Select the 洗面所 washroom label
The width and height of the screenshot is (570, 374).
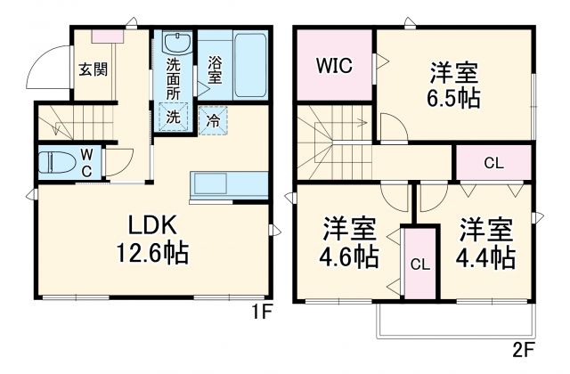pos(175,79)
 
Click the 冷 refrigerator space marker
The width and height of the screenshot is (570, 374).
pos(214,118)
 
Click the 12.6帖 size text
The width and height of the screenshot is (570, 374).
pos(151,254)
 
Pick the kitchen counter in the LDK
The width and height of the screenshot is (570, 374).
pos(228,186)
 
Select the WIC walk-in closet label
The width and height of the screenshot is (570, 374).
pos(332,65)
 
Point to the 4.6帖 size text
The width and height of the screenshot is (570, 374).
pos(349,257)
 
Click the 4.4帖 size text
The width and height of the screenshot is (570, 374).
pos(485,257)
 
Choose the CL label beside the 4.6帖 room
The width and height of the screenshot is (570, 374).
pos(418,264)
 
